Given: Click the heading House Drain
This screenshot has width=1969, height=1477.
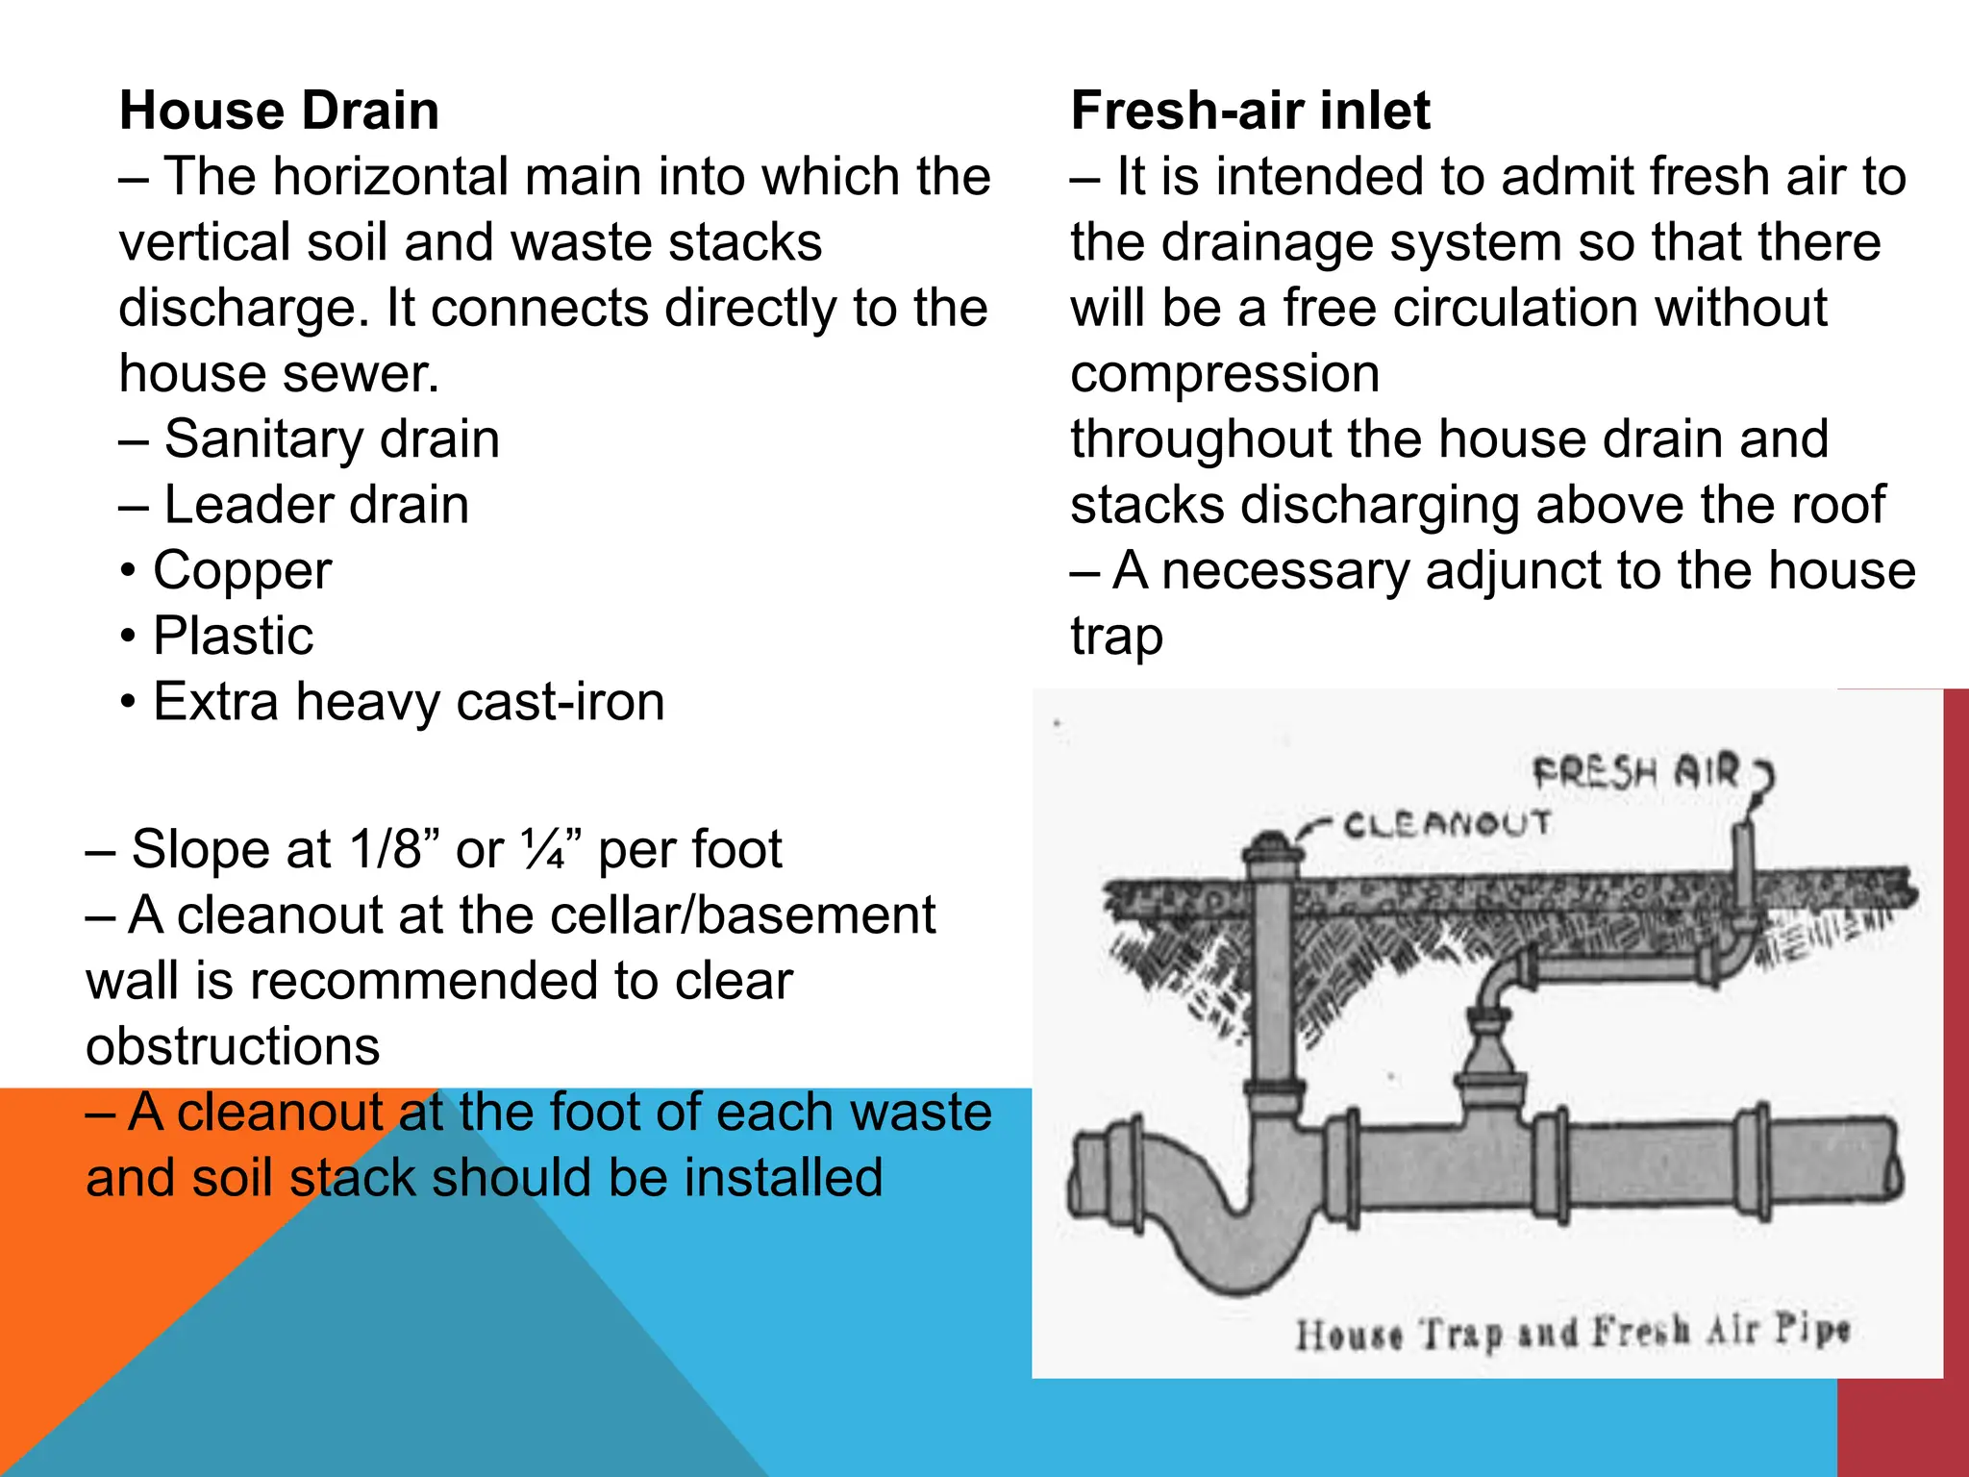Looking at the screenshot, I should pyautogui.click(x=279, y=110).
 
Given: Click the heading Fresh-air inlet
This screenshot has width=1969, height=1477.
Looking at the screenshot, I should pyautogui.click(x=1250, y=110).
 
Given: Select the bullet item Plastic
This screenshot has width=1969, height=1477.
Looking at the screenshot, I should pyautogui.click(x=233, y=636).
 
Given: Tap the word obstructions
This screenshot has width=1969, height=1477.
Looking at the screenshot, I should pyautogui.click(x=233, y=1045).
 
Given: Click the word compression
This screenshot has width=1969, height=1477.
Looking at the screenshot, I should pyautogui.click(x=1225, y=373).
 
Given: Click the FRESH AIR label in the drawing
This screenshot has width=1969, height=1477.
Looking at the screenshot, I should pyautogui.click(x=1635, y=771).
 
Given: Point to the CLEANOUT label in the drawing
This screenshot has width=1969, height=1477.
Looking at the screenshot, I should pyautogui.click(x=1447, y=824).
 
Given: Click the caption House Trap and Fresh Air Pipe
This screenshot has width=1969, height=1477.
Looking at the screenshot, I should pyautogui.click(x=1572, y=1333).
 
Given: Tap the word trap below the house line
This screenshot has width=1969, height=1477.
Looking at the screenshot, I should pyautogui.click(x=1116, y=637).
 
